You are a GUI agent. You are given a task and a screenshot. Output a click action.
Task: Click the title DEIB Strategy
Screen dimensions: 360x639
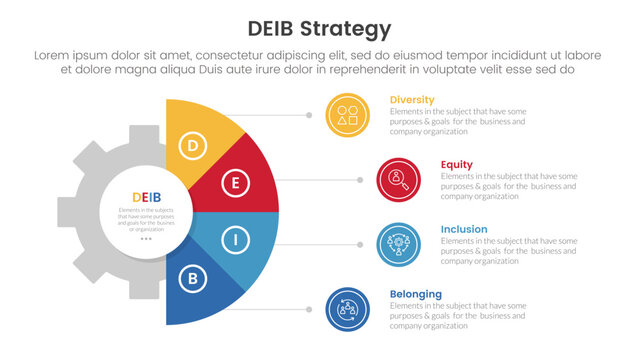[x=319, y=27]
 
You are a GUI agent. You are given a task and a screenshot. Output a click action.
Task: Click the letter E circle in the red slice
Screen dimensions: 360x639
[x=235, y=183]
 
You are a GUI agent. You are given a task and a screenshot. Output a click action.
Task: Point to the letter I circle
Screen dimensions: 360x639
[x=235, y=240]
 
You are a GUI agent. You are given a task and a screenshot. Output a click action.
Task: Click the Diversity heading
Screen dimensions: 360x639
[x=413, y=100]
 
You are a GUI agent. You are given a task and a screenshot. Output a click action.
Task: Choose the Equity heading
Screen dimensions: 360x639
[x=457, y=164]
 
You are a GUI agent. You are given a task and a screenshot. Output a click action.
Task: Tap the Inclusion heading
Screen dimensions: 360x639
[x=465, y=229]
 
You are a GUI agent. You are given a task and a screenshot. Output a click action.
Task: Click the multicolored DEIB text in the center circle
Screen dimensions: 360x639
[x=147, y=196]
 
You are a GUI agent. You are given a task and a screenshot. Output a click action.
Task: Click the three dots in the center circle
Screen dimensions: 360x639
[x=146, y=239]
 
